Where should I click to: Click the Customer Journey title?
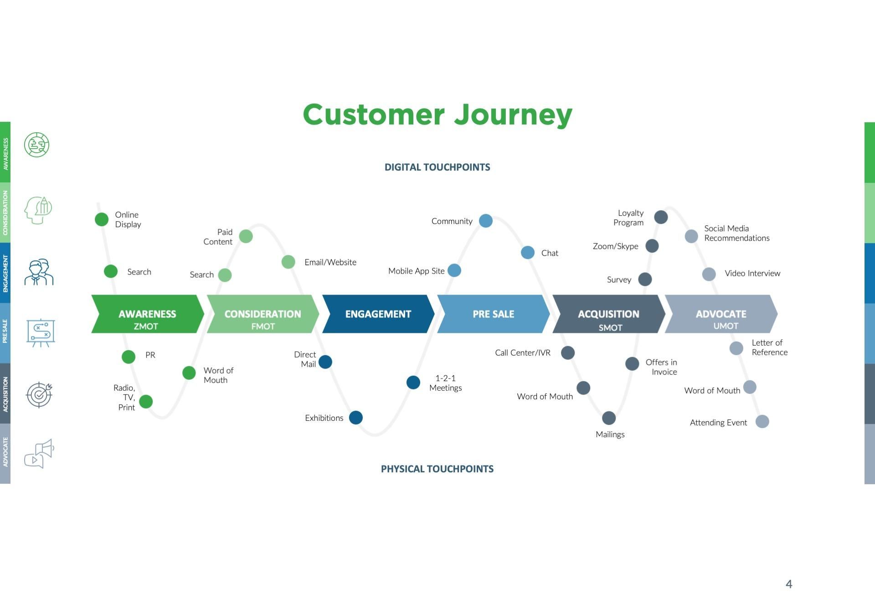[x=437, y=114]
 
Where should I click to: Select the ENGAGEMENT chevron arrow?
[x=378, y=314]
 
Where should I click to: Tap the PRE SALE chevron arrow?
[x=493, y=314]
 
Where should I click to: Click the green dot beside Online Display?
[x=102, y=219]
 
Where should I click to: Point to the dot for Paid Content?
[x=246, y=236]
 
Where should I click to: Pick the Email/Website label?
[x=330, y=262]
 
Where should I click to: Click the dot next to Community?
[x=486, y=221]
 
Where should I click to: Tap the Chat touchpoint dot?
[x=527, y=253]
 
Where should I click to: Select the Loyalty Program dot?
[x=661, y=217]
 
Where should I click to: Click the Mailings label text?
[x=610, y=435]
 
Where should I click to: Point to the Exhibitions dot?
[x=356, y=417]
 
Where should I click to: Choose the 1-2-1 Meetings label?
[x=445, y=383]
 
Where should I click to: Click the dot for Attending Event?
[x=762, y=421]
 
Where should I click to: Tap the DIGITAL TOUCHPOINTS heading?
[x=437, y=167]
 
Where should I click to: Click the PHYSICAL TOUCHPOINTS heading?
[x=437, y=469]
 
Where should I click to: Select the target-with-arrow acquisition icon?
[x=39, y=394]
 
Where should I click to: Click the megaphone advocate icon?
[x=39, y=454]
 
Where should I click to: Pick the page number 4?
[x=789, y=584]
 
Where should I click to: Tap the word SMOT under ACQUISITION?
[x=610, y=327]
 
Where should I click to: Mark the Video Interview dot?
[x=709, y=274]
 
